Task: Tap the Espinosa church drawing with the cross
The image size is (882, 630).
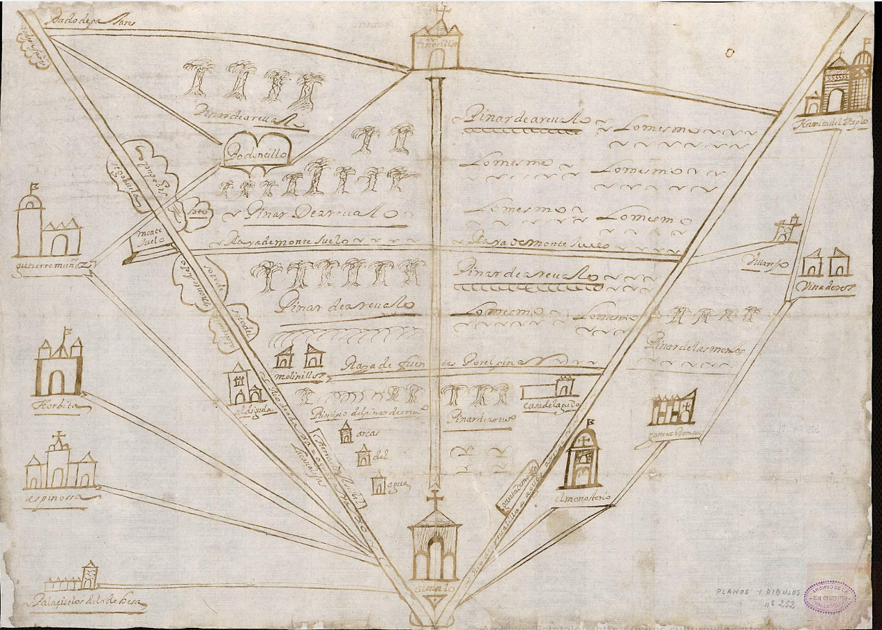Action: coord(60,463)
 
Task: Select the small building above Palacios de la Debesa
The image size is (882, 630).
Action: coord(89,575)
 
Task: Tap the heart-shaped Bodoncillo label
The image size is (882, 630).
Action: coord(256,155)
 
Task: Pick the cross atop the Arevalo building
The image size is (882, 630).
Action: coord(435,499)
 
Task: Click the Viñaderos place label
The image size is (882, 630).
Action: coord(828,288)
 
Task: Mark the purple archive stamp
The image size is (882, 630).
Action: coord(830,597)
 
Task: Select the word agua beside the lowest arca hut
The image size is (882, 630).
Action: coord(396,482)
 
